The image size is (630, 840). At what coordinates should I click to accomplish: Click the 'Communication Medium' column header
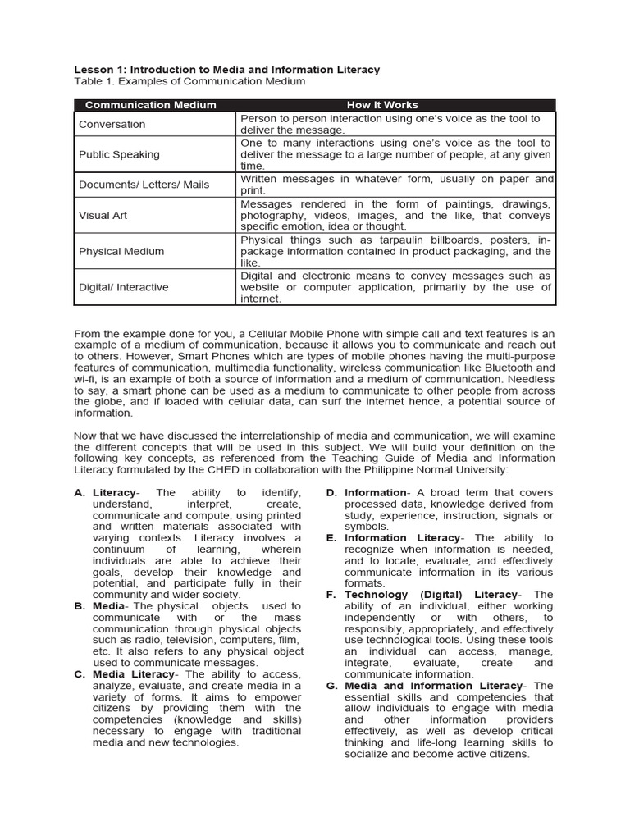tap(151, 105)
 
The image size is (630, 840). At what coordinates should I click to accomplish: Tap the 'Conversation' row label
tap(112, 125)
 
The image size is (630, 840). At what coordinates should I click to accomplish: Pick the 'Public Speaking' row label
tap(119, 154)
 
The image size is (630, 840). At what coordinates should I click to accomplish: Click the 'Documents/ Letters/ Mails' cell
tap(144, 185)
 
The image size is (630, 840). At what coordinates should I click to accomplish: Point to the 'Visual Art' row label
tap(103, 215)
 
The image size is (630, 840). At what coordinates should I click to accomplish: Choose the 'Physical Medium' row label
tap(121, 252)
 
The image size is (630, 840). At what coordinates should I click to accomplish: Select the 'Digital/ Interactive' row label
tap(123, 287)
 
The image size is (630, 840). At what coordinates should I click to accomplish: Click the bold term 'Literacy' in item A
tap(113, 493)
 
